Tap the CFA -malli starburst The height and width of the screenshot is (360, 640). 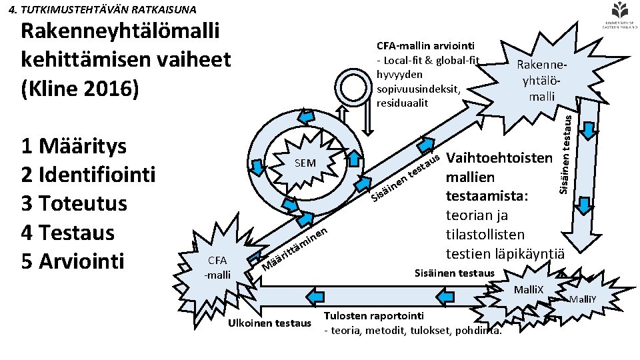coord(217,267)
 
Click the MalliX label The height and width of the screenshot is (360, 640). coord(529,289)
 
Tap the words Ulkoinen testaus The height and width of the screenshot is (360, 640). coord(269,323)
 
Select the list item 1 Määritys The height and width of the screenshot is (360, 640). coord(74,146)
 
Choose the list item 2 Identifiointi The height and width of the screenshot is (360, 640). coord(88,175)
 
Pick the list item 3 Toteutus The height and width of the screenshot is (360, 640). coord(74,203)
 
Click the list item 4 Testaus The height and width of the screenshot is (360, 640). coord(68,233)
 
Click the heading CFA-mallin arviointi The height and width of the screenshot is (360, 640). coord(425,45)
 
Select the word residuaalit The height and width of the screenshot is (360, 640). coord(401,103)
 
